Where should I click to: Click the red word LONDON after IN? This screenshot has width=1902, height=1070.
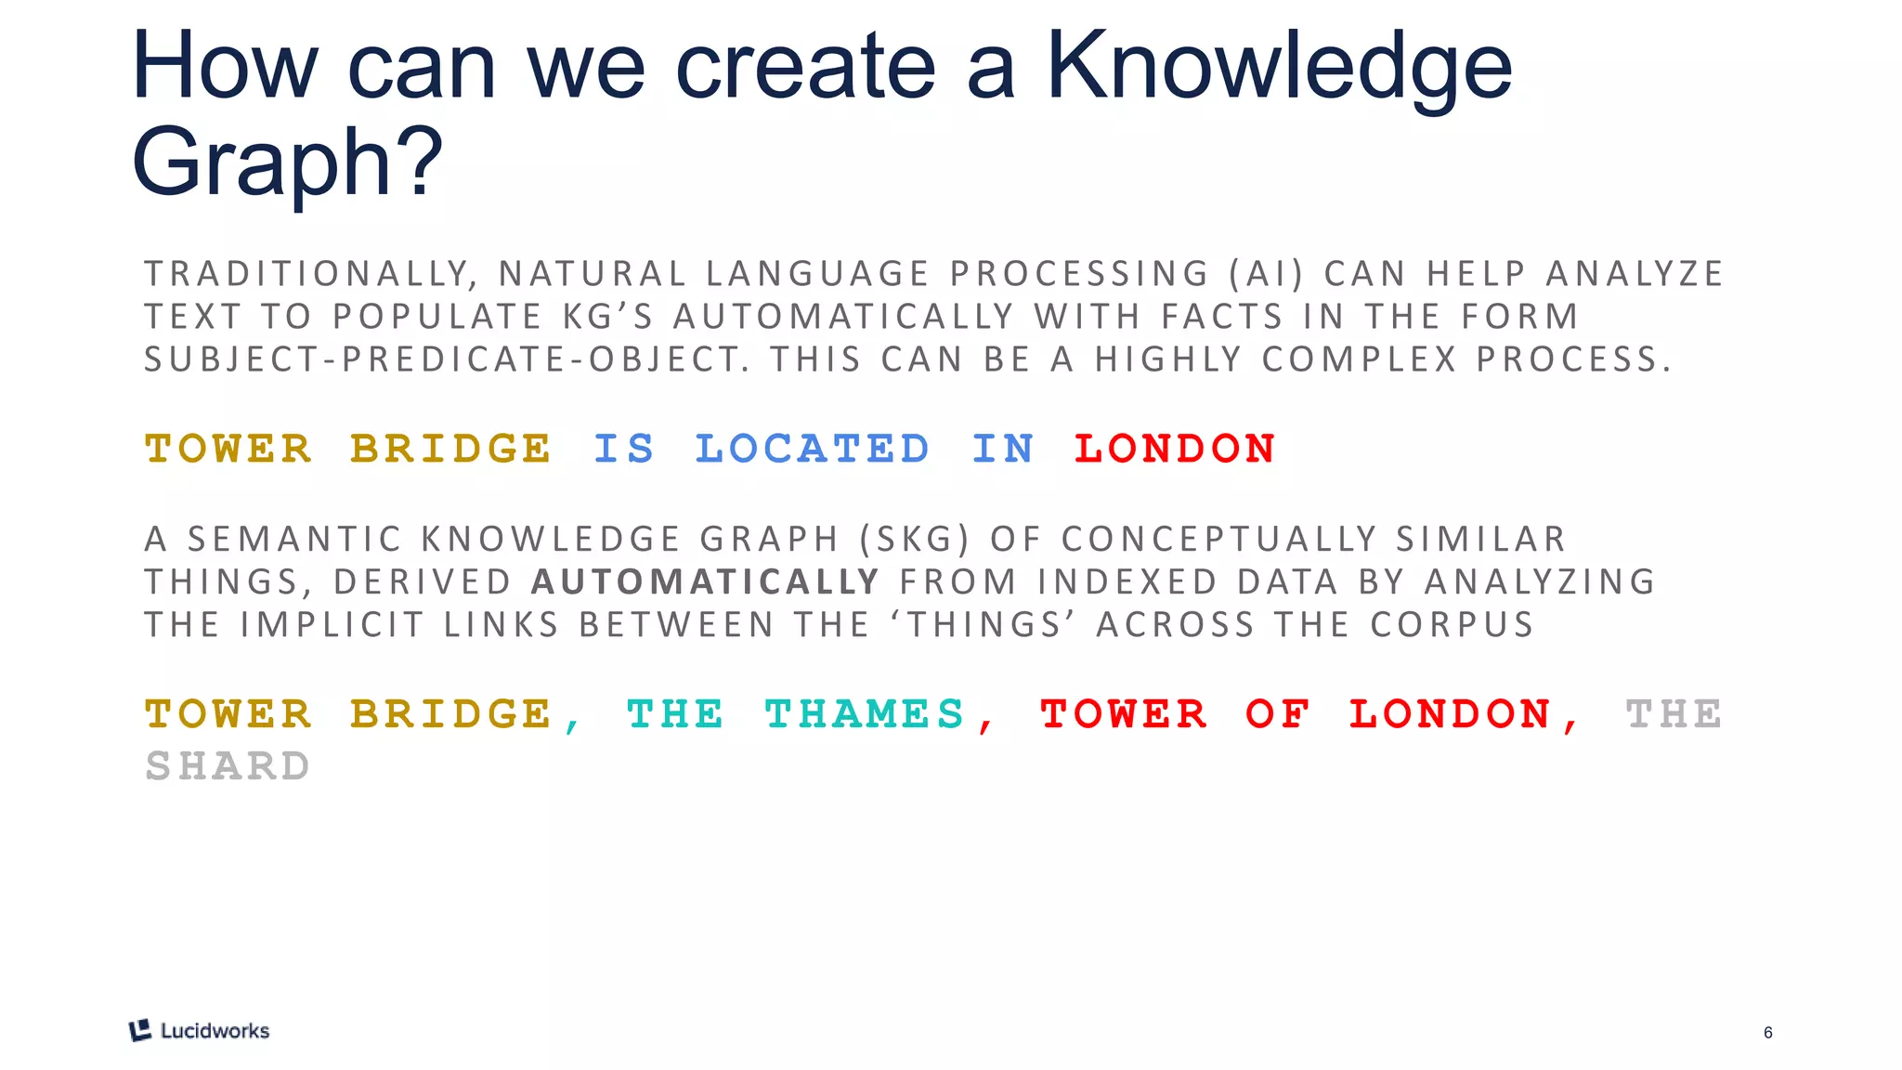(x=1175, y=449)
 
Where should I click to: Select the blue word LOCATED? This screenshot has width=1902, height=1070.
(x=813, y=449)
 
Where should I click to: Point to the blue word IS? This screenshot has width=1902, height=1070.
(x=624, y=449)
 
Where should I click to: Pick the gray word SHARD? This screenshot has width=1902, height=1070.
(x=228, y=766)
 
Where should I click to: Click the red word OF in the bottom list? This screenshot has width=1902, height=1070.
(x=1278, y=714)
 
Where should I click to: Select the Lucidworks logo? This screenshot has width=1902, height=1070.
(x=200, y=1030)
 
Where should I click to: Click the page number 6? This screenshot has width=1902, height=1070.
(x=1768, y=1033)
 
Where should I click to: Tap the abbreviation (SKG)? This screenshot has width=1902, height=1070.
(x=914, y=540)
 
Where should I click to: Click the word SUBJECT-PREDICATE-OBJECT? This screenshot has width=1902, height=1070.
(x=447, y=359)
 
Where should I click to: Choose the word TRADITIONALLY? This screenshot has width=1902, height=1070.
(x=310, y=274)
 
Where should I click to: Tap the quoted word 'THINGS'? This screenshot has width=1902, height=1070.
(x=984, y=625)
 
